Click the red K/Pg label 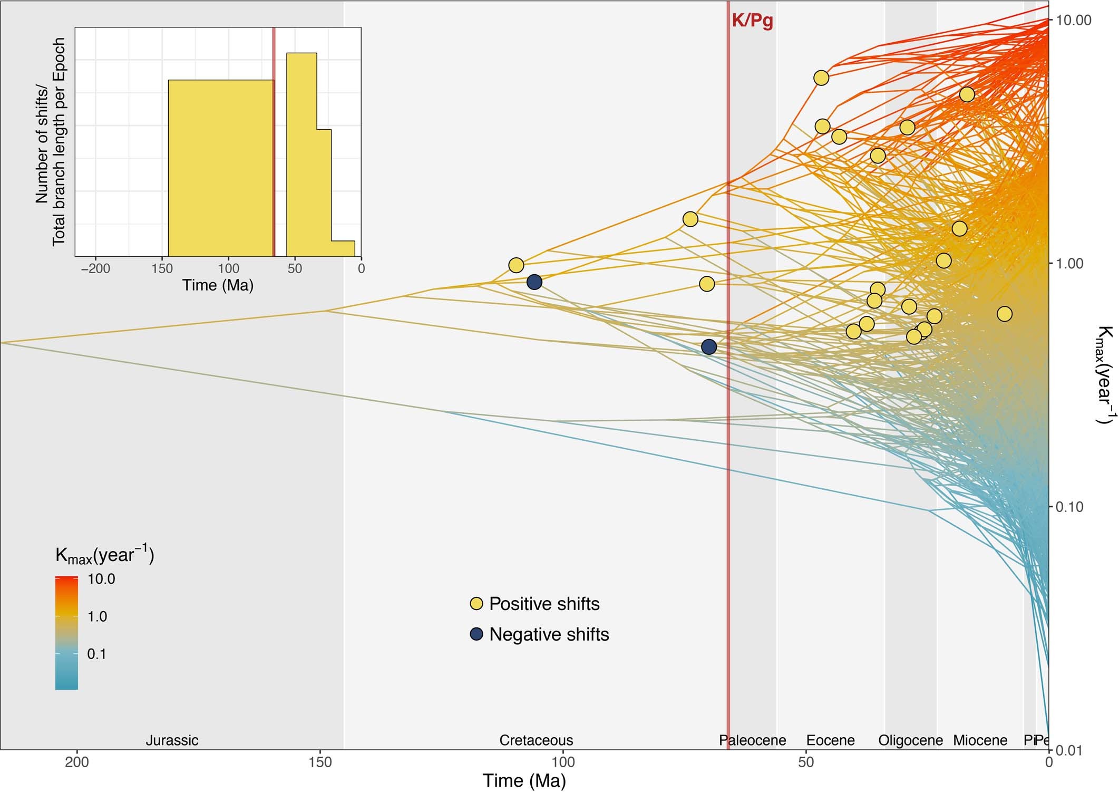click(752, 21)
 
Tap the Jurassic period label click(172, 740)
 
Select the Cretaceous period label click(536, 740)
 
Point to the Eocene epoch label click(830, 740)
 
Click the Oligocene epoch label click(910, 740)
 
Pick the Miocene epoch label click(980, 740)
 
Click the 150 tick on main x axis click(320, 761)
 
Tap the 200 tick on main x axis click(77, 761)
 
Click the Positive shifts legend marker click(476, 604)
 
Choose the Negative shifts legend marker click(476, 634)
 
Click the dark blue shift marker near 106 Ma click(534, 282)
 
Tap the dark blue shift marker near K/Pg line click(709, 346)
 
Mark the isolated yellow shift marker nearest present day click(1005, 314)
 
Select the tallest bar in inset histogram click(301, 153)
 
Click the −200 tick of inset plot click(95, 268)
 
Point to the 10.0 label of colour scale click(101, 579)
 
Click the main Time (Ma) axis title click(524, 780)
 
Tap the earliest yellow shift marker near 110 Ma click(516, 265)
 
